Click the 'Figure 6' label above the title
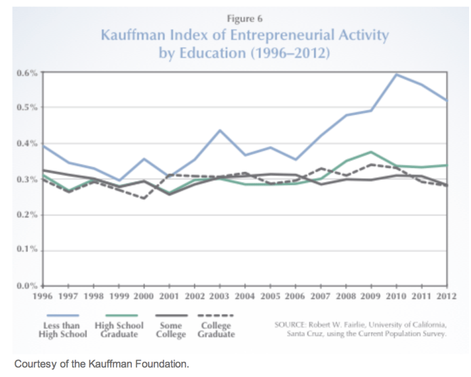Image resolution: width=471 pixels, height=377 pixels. click(x=244, y=19)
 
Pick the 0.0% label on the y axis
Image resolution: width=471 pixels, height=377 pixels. click(x=29, y=286)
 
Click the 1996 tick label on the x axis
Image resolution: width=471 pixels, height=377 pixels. click(x=43, y=295)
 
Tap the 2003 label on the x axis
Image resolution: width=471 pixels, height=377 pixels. click(x=219, y=295)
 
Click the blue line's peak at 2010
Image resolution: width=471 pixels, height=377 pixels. click(x=396, y=75)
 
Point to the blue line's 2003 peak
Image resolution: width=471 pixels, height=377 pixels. click(x=220, y=130)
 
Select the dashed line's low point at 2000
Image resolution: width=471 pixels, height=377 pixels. click(x=144, y=198)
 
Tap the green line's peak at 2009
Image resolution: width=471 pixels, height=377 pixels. click(x=371, y=152)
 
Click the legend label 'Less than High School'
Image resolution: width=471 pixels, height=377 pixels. click(x=62, y=330)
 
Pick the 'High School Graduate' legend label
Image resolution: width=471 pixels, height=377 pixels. click(x=119, y=330)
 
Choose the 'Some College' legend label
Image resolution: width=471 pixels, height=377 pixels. click(x=171, y=330)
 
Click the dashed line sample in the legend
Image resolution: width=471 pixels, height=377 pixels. click(x=215, y=316)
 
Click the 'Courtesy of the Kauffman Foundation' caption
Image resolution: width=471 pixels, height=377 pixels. click(x=101, y=363)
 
